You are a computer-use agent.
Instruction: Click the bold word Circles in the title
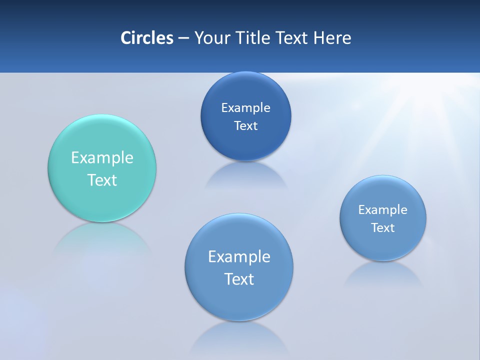146,38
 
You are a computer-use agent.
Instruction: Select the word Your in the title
210,38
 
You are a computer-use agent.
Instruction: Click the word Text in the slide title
292,38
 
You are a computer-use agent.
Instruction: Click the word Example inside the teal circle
102,157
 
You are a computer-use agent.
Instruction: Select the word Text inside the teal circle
102,180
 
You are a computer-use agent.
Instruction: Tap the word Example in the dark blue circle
245,107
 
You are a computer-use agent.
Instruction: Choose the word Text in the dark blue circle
245,125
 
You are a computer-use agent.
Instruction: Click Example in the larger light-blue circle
239,256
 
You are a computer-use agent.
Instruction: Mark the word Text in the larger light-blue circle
239,279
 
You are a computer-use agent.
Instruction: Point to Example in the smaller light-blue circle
382,209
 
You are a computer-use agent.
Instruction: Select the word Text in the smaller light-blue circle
382,227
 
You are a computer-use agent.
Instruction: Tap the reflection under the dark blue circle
245,175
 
